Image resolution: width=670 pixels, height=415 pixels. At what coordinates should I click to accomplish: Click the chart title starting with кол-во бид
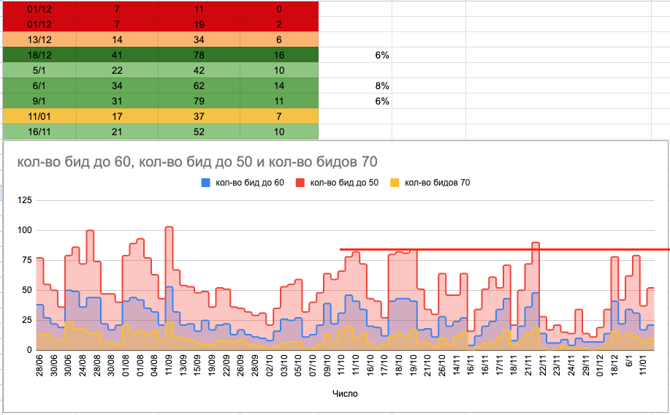click(x=192, y=161)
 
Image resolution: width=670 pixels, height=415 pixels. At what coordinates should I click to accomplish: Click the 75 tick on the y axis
click(x=26, y=260)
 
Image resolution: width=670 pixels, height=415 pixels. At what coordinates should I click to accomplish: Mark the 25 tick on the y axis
click(x=26, y=320)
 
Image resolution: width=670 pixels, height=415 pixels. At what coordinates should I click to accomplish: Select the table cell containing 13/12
click(x=39, y=39)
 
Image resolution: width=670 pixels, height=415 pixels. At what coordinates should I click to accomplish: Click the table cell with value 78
click(x=199, y=55)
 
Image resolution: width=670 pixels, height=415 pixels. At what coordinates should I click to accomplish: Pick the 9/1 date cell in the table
click(x=39, y=101)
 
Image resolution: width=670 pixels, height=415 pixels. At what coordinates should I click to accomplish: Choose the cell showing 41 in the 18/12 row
click(x=117, y=55)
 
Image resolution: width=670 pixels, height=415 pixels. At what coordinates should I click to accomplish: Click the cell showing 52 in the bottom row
click(x=199, y=132)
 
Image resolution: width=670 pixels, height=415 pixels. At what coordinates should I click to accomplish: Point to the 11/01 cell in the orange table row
click(x=39, y=116)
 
